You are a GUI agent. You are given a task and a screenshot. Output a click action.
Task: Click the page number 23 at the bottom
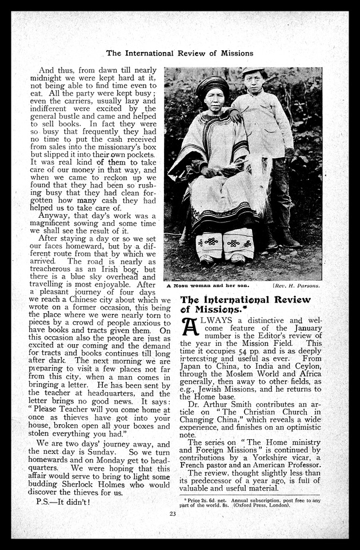click(172, 513)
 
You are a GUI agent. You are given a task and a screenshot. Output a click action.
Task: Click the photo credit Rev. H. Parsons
click(297, 285)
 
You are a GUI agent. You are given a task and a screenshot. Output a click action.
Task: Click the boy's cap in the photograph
click(253, 71)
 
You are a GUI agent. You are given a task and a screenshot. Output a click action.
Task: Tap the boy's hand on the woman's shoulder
click(234, 116)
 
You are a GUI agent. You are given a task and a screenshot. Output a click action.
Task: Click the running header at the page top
click(179, 53)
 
